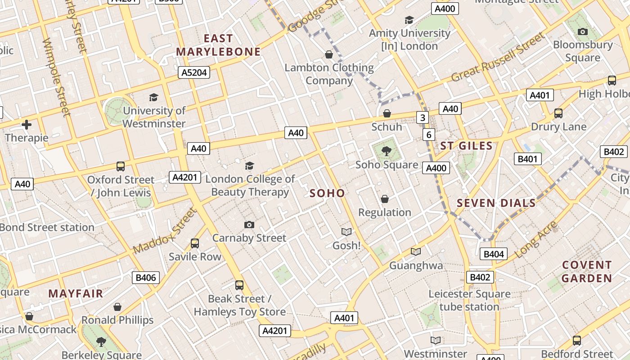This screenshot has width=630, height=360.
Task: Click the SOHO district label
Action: [327, 193]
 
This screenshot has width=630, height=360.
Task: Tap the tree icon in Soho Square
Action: [386, 151]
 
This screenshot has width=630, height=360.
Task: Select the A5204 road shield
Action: [194, 72]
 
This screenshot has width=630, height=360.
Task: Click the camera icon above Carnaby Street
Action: [249, 225]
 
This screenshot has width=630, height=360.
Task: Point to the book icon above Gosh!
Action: [346, 232]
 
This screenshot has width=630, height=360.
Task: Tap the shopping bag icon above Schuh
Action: [387, 113]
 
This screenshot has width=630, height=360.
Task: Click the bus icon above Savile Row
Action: [195, 243]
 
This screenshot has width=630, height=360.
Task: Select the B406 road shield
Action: [146, 278]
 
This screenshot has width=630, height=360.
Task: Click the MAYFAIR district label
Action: [76, 294]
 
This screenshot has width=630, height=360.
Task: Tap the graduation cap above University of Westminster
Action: [153, 97]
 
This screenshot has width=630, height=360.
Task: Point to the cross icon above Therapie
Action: [27, 125]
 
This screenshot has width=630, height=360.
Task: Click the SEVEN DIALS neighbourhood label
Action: [496, 203]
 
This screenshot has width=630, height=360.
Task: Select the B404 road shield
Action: [493, 254]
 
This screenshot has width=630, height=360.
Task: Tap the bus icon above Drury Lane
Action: [558, 113]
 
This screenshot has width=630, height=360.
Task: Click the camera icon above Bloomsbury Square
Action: [583, 31]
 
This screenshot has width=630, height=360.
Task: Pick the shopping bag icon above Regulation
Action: [385, 199]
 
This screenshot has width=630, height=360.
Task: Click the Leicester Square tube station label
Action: [469, 300]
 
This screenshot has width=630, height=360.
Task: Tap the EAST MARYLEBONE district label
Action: [218, 45]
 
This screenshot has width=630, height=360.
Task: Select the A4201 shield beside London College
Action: [185, 177]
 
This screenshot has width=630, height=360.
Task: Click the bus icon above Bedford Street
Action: [577, 341]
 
